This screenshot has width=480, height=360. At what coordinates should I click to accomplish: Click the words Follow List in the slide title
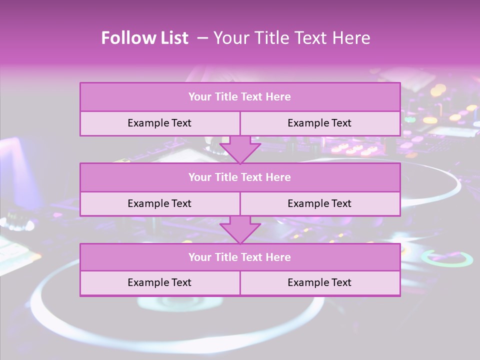145,38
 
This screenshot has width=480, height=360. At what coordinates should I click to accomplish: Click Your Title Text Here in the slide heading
292,38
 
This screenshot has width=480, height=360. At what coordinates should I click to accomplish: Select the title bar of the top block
240,97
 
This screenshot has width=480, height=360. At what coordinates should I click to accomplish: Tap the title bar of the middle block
240,177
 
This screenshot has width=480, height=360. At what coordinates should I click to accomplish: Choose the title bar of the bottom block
240,257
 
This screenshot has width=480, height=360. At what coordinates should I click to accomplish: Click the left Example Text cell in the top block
159,123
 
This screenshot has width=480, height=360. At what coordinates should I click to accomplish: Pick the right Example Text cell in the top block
319,123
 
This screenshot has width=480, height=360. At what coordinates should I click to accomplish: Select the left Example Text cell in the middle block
159,204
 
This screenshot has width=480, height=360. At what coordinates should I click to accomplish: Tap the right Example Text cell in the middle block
319,204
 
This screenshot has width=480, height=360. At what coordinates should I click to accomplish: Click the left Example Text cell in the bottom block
159,283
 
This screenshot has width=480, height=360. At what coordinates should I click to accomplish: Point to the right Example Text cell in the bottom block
319,283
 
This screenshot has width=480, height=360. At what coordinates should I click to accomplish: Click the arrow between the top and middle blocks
240,149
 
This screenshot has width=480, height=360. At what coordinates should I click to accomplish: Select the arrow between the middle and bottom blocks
240,229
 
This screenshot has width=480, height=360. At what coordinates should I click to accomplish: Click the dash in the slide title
202,38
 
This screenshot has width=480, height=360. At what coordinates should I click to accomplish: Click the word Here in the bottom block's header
278,257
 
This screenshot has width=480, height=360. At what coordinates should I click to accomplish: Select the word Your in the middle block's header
200,177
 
